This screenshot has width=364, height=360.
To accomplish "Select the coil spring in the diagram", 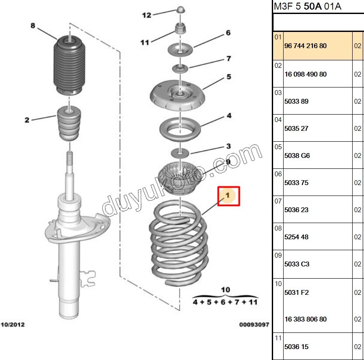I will click(x=179, y=247).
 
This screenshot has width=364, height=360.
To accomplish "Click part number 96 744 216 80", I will click(x=305, y=46).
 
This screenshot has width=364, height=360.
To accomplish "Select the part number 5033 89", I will click(x=296, y=101).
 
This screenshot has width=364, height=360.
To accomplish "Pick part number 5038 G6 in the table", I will click(x=297, y=156).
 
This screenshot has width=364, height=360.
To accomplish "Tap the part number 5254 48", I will click(x=296, y=237).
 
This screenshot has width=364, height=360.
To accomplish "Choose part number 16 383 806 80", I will click(x=305, y=319).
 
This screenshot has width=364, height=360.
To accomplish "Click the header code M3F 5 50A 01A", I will click(x=307, y=6).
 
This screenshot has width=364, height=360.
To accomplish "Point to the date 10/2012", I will click(x=13, y=325).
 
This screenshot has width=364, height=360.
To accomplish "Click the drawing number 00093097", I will click(x=253, y=325).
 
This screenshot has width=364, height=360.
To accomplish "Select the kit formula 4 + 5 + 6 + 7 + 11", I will click(x=225, y=302).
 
